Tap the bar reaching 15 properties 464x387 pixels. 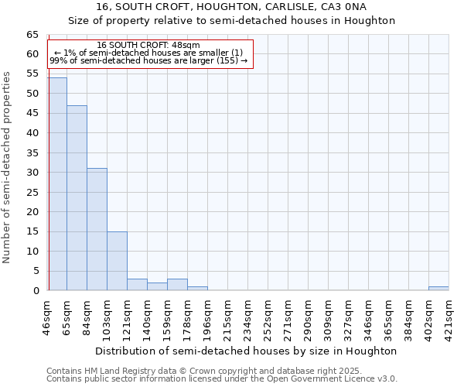coord(117,261)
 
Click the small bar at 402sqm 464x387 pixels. coord(438,289)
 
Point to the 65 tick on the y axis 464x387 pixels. coord(32,35)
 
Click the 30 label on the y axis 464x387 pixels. coord(32,173)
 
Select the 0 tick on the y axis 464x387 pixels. coord(35,291)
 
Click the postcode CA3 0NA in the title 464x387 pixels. coord(345,7)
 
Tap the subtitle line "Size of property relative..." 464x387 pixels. coord(232,21)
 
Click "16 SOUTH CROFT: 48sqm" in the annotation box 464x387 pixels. coord(149,45)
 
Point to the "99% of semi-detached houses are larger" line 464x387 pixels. coord(148,60)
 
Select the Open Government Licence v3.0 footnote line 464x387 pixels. coord(222,378)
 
